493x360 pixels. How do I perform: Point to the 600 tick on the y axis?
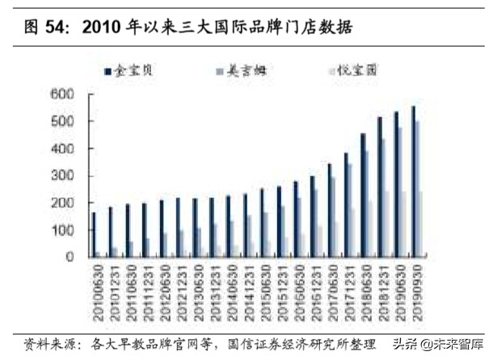(x=63, y=94)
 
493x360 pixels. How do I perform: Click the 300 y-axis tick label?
(x=63, y=176)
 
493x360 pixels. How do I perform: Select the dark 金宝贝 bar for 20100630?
(x=93, y=235)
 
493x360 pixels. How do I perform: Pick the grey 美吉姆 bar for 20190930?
(x=418, y=189)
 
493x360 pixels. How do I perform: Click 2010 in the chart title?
(x=104, y=27)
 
